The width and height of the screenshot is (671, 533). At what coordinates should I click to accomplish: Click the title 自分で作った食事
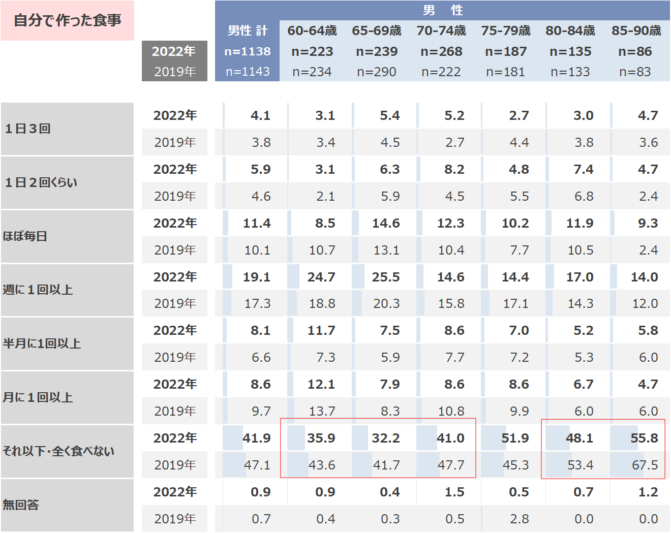(67, 20)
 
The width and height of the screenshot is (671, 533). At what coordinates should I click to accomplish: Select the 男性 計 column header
(248, 30)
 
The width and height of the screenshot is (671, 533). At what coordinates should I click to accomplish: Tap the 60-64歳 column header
(312, 30)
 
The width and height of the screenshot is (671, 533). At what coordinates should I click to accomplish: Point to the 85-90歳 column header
(636, 30)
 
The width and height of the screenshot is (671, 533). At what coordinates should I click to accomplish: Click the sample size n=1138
(248, 51)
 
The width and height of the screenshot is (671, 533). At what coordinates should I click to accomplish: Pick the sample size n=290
(377, 72)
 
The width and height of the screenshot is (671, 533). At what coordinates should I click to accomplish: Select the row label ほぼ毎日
(25, 236)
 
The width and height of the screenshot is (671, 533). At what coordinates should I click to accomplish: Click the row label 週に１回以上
(38, 290)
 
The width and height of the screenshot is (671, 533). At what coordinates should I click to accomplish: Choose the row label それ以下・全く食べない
(58, 451)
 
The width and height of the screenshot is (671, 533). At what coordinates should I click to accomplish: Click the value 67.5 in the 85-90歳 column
(645, 465)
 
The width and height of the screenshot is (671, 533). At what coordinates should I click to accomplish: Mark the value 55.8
(644, 438)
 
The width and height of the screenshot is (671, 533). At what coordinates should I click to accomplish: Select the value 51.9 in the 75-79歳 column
(515, 438)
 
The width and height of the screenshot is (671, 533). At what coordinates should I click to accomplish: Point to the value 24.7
(321, 277)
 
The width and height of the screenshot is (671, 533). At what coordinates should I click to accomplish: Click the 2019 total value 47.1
(257, 465)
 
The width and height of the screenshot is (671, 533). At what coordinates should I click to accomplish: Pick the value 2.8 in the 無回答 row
(519, 519)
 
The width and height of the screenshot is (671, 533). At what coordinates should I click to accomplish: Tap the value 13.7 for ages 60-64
(322, 411)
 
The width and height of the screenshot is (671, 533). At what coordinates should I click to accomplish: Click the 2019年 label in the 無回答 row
(175, 519)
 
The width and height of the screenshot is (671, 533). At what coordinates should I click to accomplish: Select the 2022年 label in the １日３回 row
(175, 115)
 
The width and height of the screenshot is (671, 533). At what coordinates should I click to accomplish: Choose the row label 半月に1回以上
(42, 343)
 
